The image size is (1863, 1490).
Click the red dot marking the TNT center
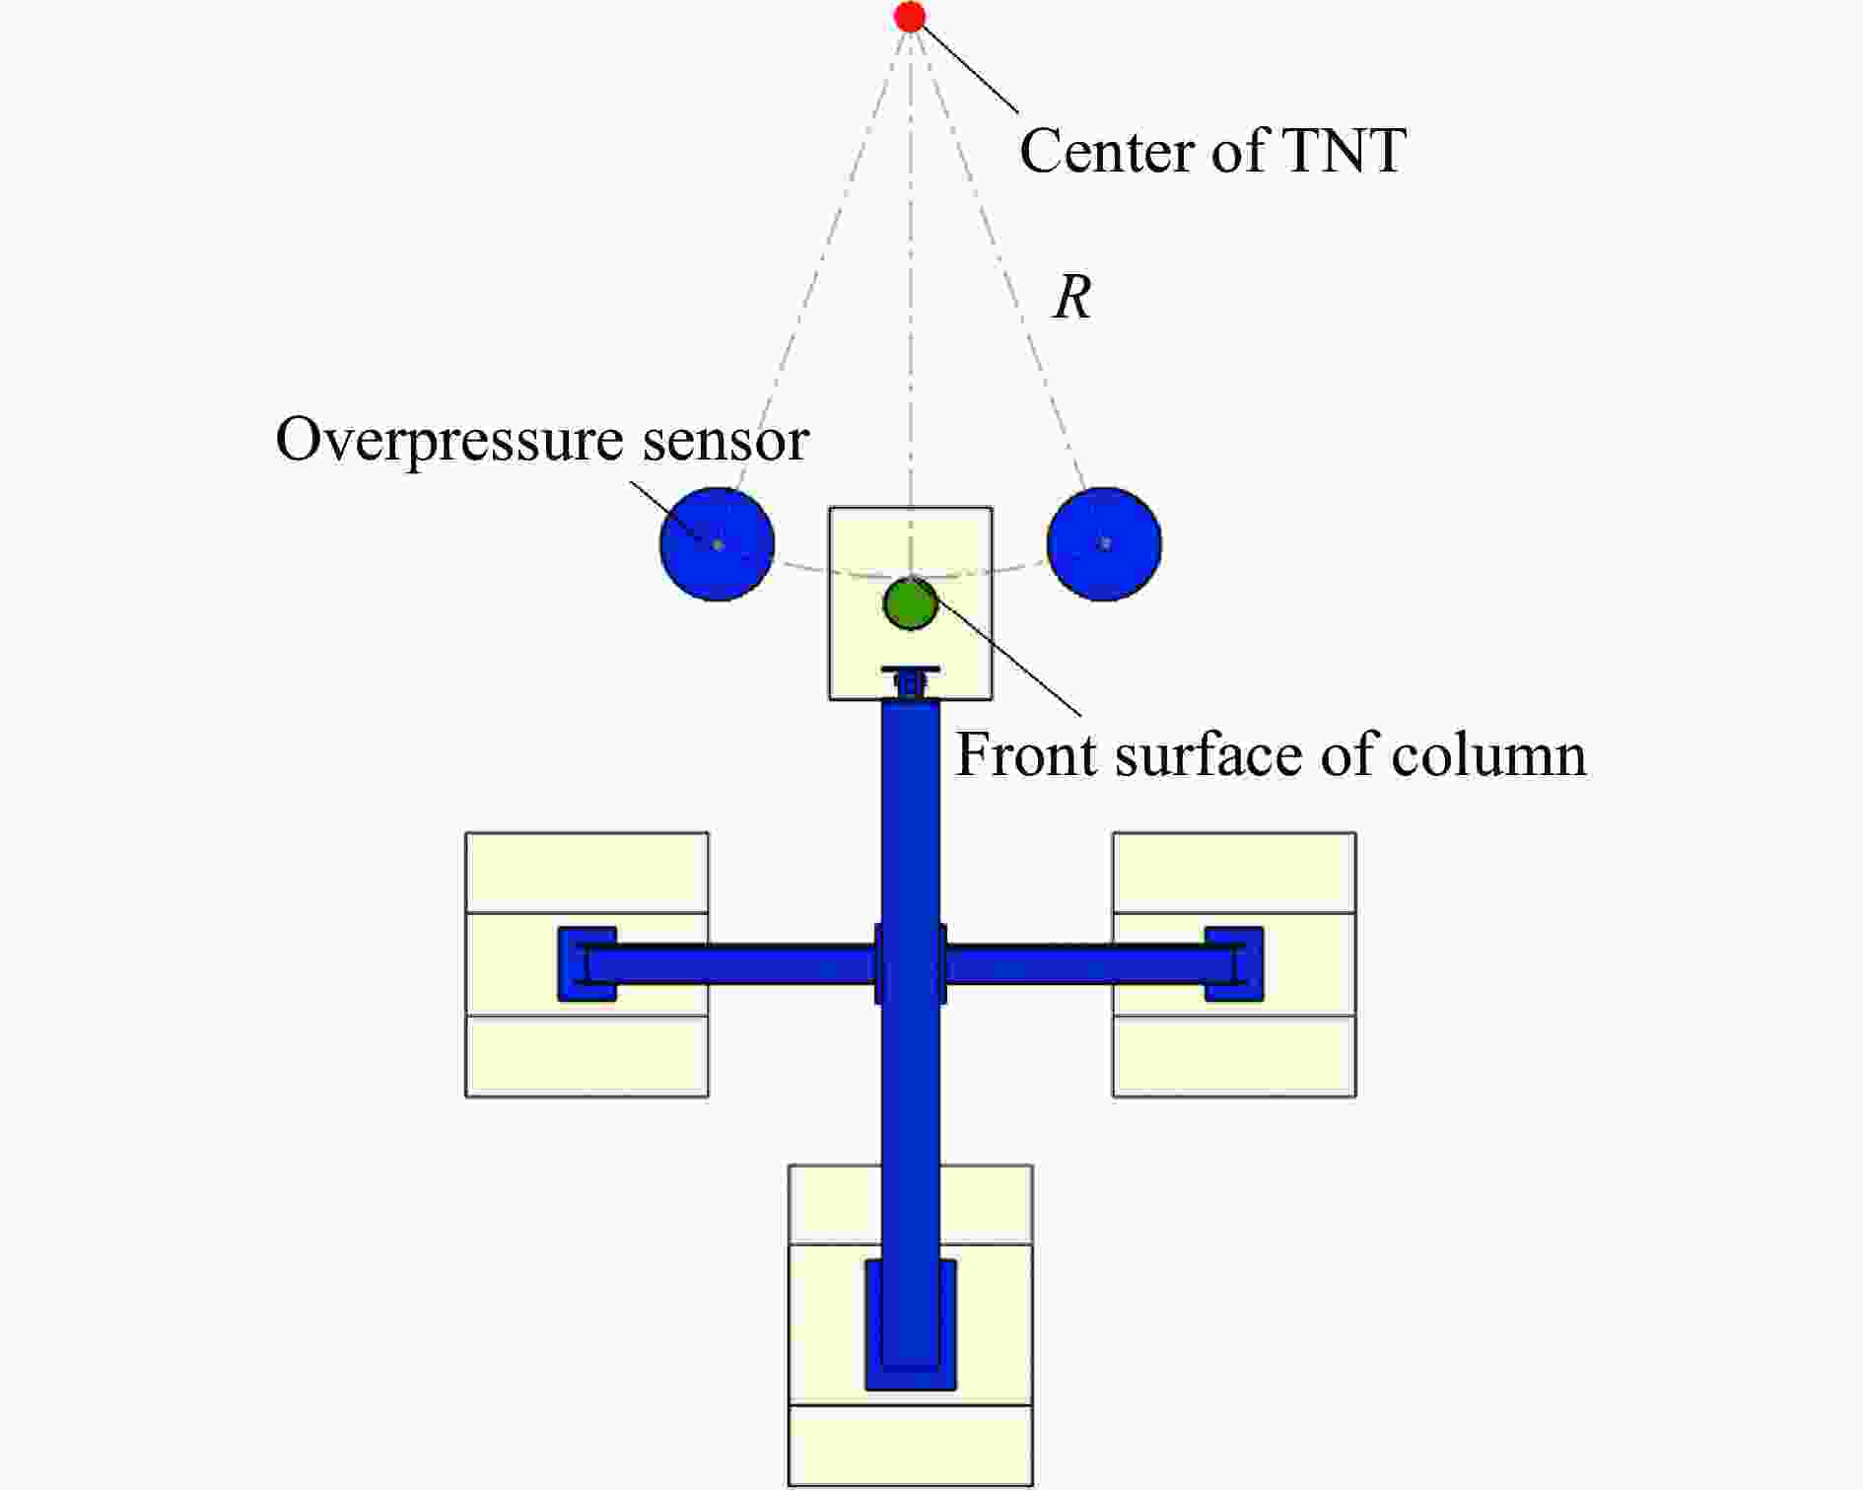[910, 17]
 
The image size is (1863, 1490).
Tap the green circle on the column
[910, 603]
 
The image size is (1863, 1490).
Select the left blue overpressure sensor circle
[717, 543]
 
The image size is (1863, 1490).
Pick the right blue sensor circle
[1104, 543]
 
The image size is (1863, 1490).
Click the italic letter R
[1072, 297]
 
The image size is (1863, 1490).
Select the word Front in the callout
[1027, 755]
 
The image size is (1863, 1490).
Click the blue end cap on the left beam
[586, 964]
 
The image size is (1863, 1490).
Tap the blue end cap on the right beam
[1234, 964]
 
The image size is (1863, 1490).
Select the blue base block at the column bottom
[911, 1324]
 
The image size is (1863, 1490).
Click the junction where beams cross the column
[911, 964]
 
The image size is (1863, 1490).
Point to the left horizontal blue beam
[729, 964]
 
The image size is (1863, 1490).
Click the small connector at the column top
[911, 682]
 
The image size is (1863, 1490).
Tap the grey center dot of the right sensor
[1105, 543]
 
